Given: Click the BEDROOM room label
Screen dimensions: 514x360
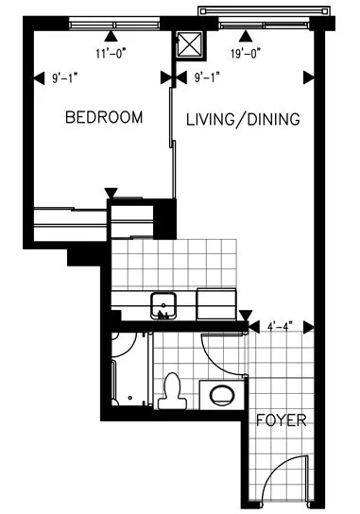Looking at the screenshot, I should click(104, 118).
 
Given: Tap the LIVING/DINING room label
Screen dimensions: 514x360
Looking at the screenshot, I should click(243, 120).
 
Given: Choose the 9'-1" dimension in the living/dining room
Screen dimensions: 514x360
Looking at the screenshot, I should click(210, 78).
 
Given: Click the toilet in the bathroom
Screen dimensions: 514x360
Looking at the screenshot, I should click(173, 390).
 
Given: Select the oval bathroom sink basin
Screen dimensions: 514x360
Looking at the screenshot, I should click(222, 395).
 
